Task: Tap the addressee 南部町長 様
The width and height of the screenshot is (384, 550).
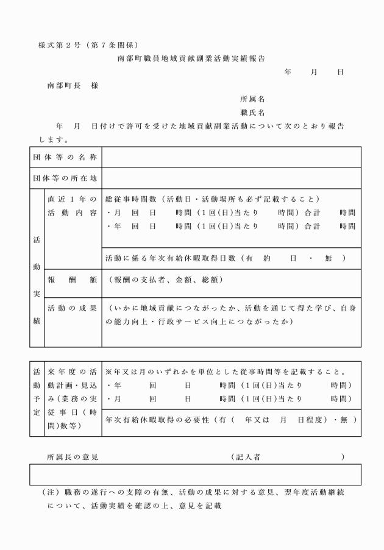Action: click(73, 85)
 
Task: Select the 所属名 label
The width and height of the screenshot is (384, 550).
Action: click(252, 99)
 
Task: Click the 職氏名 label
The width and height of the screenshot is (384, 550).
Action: click(252, 113)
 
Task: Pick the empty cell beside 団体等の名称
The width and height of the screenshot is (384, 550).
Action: click(231, 157)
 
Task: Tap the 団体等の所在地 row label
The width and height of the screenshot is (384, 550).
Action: click(65, 178)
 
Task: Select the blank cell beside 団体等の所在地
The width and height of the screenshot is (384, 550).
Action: click(231, 178)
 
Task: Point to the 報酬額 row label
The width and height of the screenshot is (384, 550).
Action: click(72, 280)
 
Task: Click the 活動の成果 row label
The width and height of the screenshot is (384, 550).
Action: click(72, 308)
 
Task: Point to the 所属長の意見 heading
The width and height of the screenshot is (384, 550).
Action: click(73, 456)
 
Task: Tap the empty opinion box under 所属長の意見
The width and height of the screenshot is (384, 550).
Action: click(195, 474)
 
